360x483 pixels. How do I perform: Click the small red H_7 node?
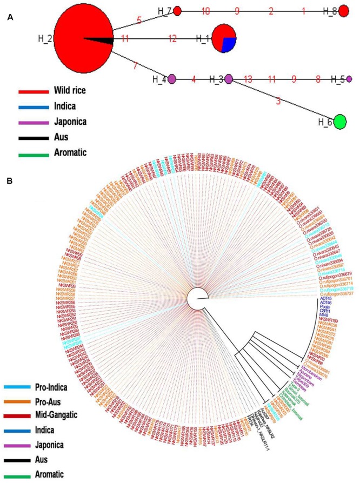(x=177, y=10)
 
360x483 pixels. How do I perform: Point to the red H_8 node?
(x=344, y=10)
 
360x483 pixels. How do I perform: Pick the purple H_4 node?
(x=172, y=79)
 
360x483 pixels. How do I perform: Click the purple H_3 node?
(x=229, y=79)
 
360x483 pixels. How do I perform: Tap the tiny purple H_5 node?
(x=349, y=79)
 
